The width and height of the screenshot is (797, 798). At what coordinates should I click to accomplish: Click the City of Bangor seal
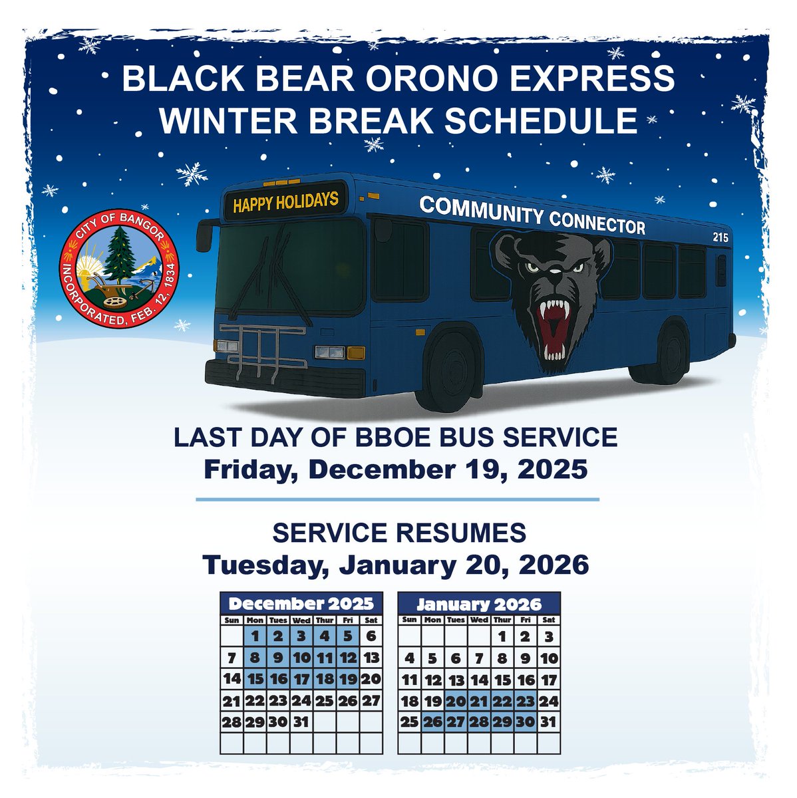120,271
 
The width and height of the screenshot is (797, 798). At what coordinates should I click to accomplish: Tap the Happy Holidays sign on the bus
285,200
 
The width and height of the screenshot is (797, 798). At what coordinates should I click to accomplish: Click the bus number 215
720,237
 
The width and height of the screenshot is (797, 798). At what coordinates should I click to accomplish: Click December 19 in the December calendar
348,679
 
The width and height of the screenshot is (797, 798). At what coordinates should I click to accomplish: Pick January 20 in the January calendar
456,700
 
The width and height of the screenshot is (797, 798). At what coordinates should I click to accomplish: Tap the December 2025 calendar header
301,604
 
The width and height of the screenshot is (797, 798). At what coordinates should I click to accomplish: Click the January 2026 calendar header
479,604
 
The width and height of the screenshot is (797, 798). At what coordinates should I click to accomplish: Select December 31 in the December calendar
301,722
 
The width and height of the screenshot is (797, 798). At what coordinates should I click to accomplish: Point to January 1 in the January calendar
502,636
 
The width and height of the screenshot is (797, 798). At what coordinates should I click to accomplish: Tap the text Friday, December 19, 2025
395,469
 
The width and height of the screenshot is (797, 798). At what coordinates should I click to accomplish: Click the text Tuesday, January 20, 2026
396,565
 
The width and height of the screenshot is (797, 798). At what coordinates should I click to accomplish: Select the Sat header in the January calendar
548,620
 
